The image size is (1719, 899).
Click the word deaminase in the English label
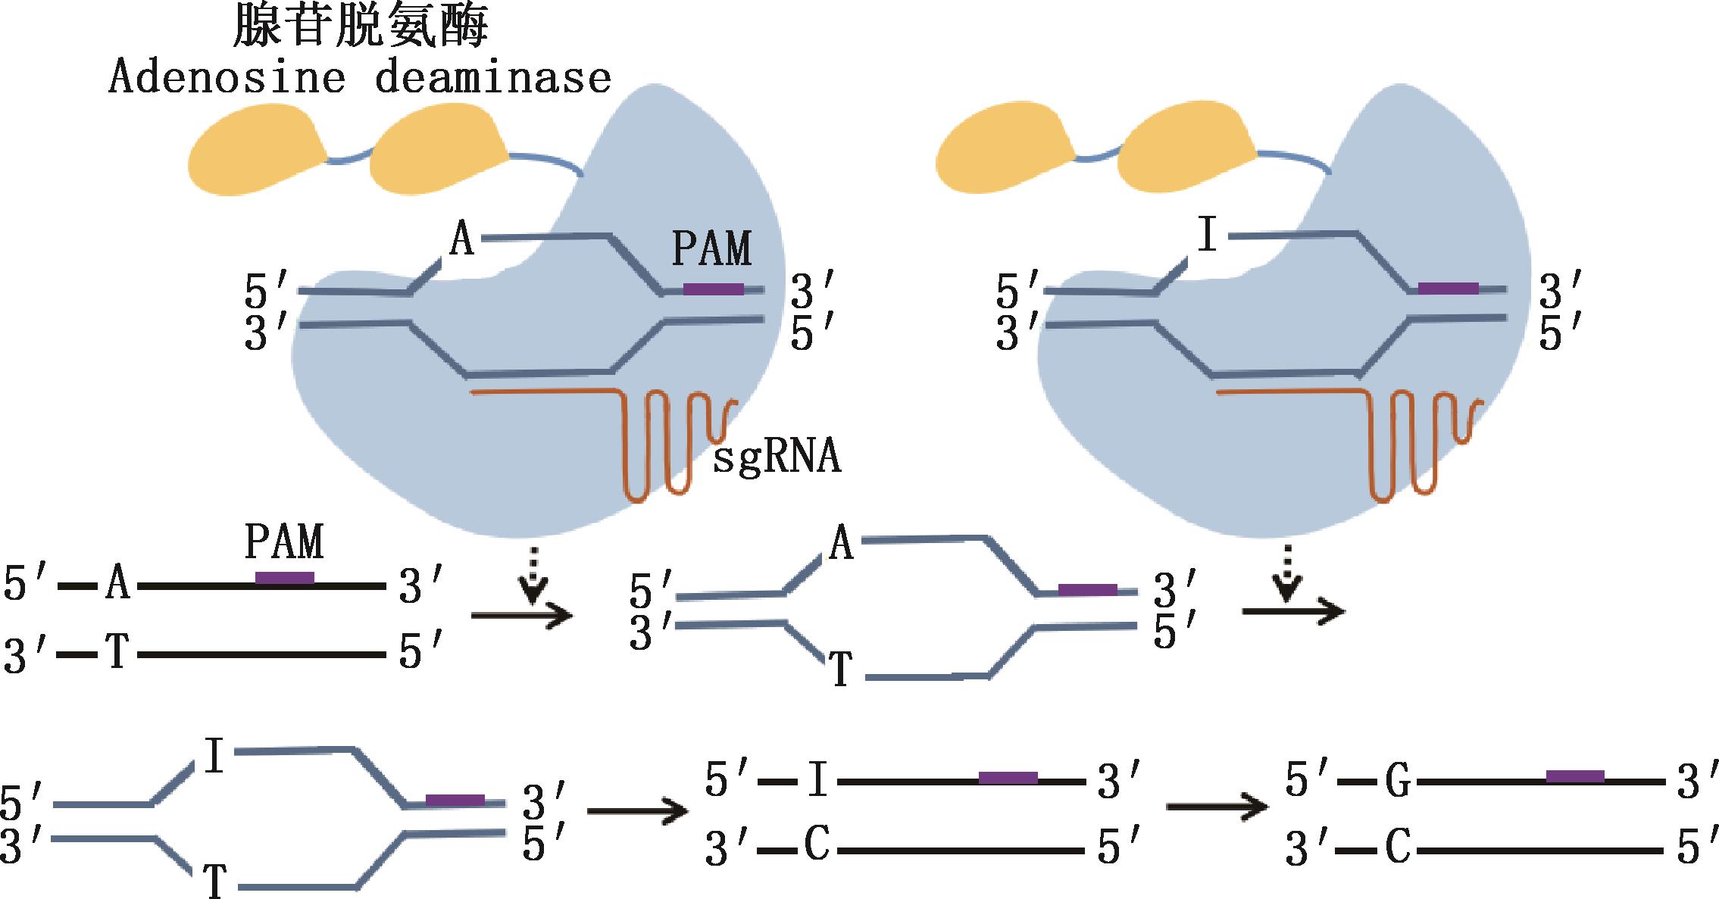(x=493, y=79)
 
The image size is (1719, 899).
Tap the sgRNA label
(x=777, y=458)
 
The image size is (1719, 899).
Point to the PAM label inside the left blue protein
(x=712, y=248)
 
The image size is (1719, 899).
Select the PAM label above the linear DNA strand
(x=284, y=541)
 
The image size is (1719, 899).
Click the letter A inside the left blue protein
(x=462, y=239)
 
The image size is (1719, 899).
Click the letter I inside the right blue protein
(x=1208, y=236)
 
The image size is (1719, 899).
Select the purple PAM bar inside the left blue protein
(x=713, y=289)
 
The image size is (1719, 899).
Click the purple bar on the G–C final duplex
(x=1575, y=776)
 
